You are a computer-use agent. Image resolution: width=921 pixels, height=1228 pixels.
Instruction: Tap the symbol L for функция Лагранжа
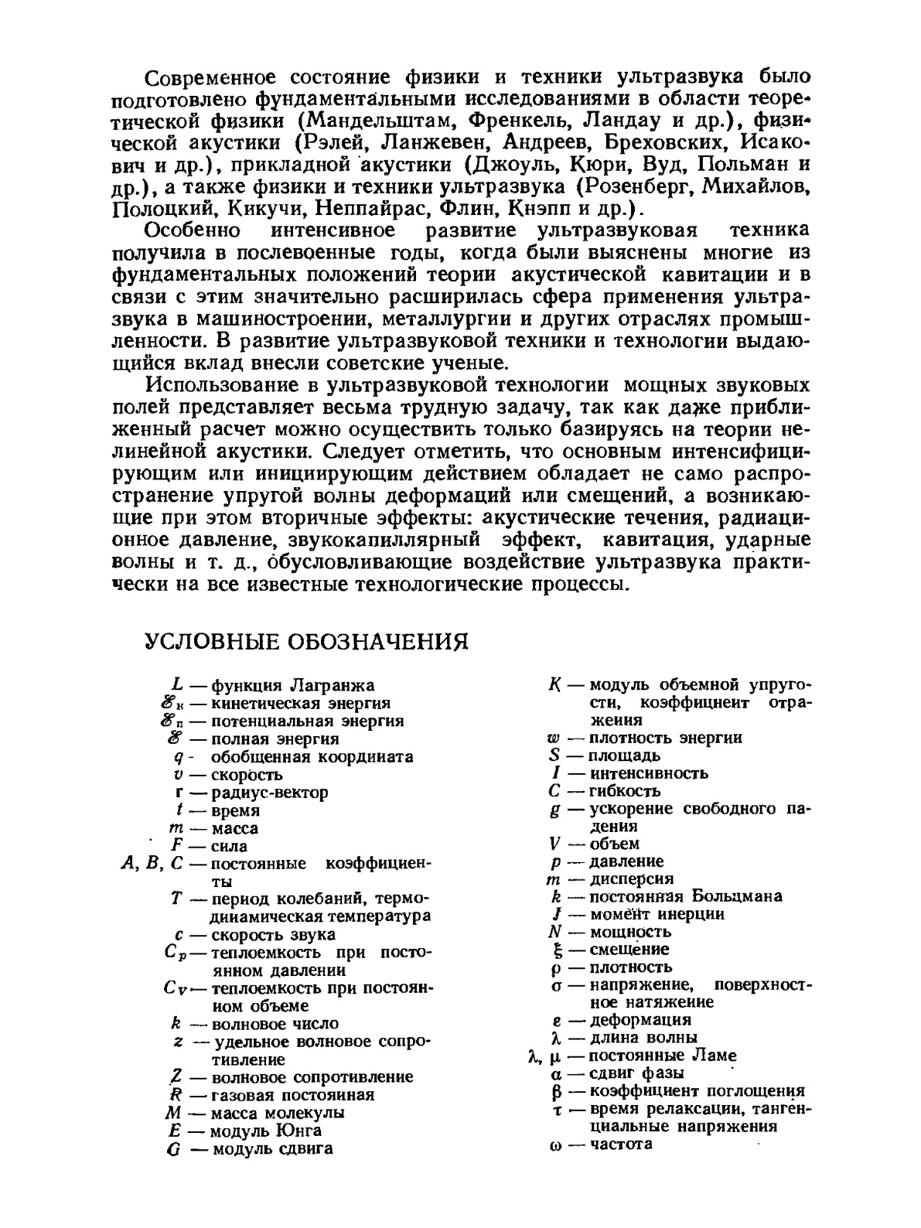pyautogui.click(x=177, y=685)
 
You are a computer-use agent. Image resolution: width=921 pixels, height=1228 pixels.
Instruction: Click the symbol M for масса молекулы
pyautogui.click(x=172, y=1113)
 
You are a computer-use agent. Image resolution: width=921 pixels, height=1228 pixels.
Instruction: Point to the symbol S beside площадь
pyautogui.click(x=554, y=756)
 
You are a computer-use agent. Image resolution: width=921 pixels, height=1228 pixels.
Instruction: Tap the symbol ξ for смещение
pyautogui.click(x=554, y=950)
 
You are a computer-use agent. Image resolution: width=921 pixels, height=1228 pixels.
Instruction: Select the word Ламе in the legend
pyautogui.click(x=720, y=1056)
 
